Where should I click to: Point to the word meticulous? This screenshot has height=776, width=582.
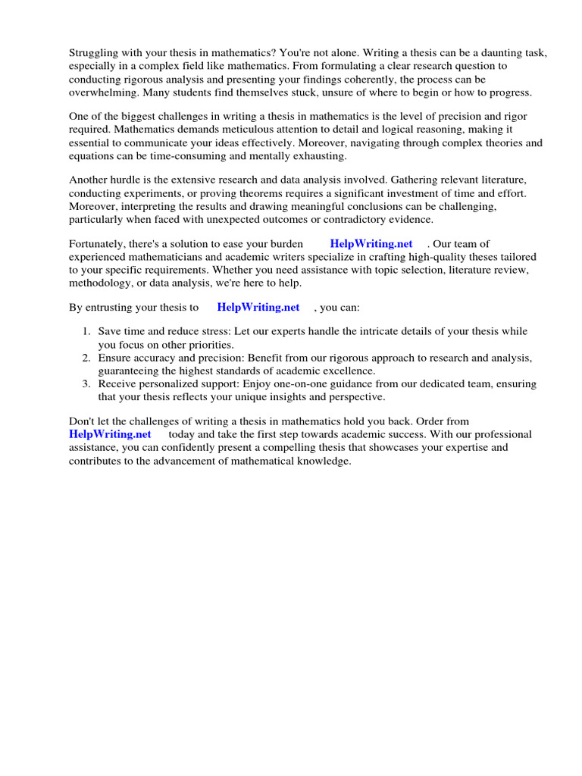pos(246,130)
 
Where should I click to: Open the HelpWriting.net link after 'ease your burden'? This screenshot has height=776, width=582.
pos(371,244)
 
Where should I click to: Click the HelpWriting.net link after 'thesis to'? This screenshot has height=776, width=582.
pos(258,308)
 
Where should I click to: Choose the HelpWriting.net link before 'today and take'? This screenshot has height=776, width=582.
pos(110,434)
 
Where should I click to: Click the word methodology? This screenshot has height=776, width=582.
pos(102,283)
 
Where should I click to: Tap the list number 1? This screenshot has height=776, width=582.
pos(86,332)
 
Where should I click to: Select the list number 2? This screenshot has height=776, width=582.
pos(86,358)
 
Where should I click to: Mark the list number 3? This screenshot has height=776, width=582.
pos(86,384)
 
